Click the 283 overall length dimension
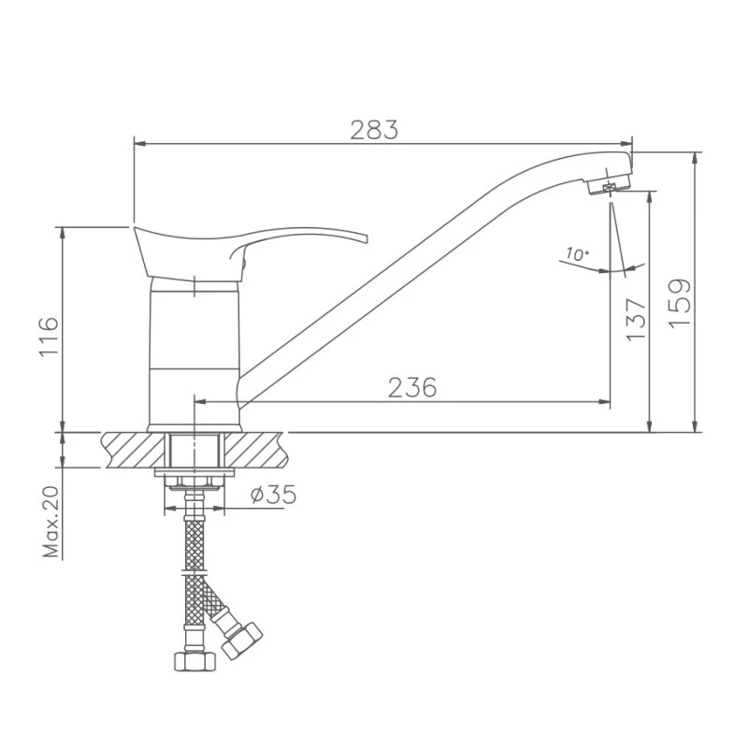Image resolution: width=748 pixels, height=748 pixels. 374,130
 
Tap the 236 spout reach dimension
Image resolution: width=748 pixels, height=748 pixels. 412,387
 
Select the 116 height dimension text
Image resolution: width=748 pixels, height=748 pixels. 50,337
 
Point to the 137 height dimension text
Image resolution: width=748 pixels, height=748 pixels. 636,320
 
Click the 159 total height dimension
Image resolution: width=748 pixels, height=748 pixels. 680,303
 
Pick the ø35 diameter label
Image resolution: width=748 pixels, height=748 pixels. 273,495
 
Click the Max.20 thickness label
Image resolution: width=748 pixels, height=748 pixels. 51,522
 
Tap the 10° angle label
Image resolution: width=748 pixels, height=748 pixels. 577,253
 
